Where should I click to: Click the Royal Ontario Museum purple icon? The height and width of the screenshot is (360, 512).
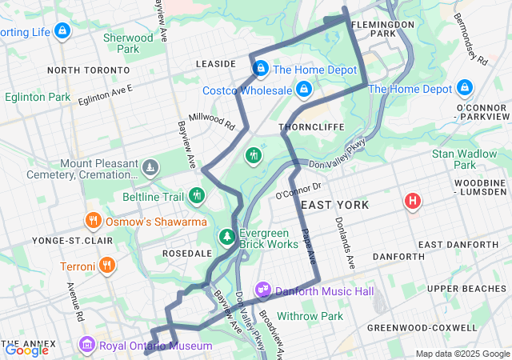click(x=86, y=345)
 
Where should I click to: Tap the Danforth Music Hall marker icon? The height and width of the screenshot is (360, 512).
click(x=263, y=289)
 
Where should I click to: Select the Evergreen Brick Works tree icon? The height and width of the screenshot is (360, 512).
click(x=228, y=237)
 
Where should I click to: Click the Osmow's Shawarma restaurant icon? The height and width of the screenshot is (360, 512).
click(x=93, y=221)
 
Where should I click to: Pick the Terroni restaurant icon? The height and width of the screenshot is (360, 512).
click(x=107, y=265)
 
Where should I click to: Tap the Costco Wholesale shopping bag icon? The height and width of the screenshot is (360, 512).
click(x=303, y=90)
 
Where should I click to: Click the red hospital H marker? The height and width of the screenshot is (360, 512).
click(x=413, y=200)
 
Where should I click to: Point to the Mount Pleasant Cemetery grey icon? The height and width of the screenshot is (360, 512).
click(x=150, y=167)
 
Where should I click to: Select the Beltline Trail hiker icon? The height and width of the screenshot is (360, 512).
click(x=197, y=195)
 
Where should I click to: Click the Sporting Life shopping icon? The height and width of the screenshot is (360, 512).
click(x=62, y=31)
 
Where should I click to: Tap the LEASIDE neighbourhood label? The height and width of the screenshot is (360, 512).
click(x=215, y=63)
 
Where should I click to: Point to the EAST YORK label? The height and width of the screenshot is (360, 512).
click(x=335, y=206)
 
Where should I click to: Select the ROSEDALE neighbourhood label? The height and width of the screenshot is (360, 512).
click(x=186, y=253)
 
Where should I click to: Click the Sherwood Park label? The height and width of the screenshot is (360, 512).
click(x=128, y=43)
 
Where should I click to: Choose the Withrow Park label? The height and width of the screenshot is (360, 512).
click(x=310, y=317)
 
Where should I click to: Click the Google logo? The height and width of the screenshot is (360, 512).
click(x=26, y=350)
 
